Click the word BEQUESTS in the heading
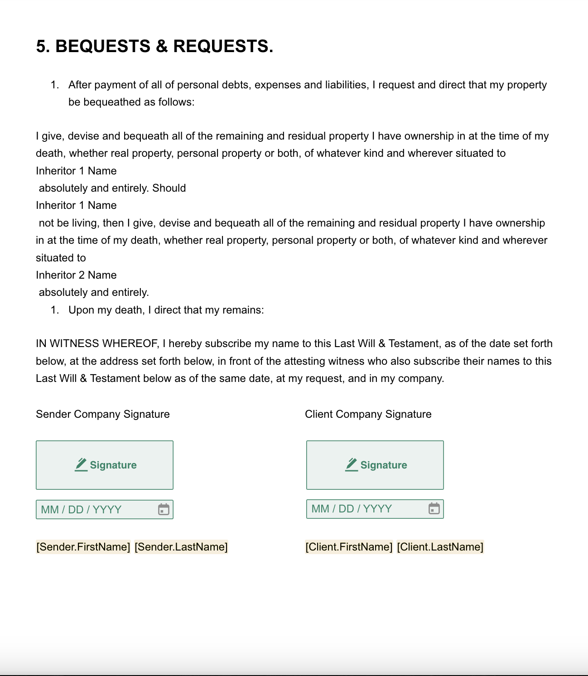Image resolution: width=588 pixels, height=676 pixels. [x=103, y=47]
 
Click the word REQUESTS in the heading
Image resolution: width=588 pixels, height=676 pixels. [x=223, y=47]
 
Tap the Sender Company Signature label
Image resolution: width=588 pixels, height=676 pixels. [x=103, y=414]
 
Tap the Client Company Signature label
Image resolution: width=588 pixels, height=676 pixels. [x=368, y=414]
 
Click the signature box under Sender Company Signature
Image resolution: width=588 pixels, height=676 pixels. [x=105, y=465]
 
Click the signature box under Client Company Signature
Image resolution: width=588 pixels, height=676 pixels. [x=375, y=465]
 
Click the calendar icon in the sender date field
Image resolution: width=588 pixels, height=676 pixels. [x=164, y=510]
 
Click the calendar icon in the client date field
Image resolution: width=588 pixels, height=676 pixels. [x=434, y=509]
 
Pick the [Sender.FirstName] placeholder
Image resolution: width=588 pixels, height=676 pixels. [x=83, y=547]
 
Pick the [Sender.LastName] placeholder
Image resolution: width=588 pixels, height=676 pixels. [x=181, y=547]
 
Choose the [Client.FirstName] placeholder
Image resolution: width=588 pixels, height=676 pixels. [x=349, y=547]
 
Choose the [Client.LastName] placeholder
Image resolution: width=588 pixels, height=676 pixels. [x=440, y=547]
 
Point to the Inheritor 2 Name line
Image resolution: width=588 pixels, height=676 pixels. [x=76, y=275]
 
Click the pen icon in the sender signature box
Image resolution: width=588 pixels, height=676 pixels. [x=81, y=464]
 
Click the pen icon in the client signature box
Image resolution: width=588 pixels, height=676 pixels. [x=352, y=464]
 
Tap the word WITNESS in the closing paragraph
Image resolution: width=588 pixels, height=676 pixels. [x=74, y=343]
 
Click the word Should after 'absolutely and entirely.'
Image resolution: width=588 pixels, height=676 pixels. [x=169, y=188]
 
